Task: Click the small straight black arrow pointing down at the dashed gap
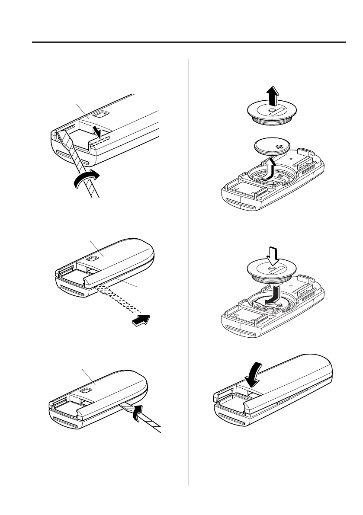(99, 131)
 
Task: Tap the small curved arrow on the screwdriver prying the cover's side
(135, 410)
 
